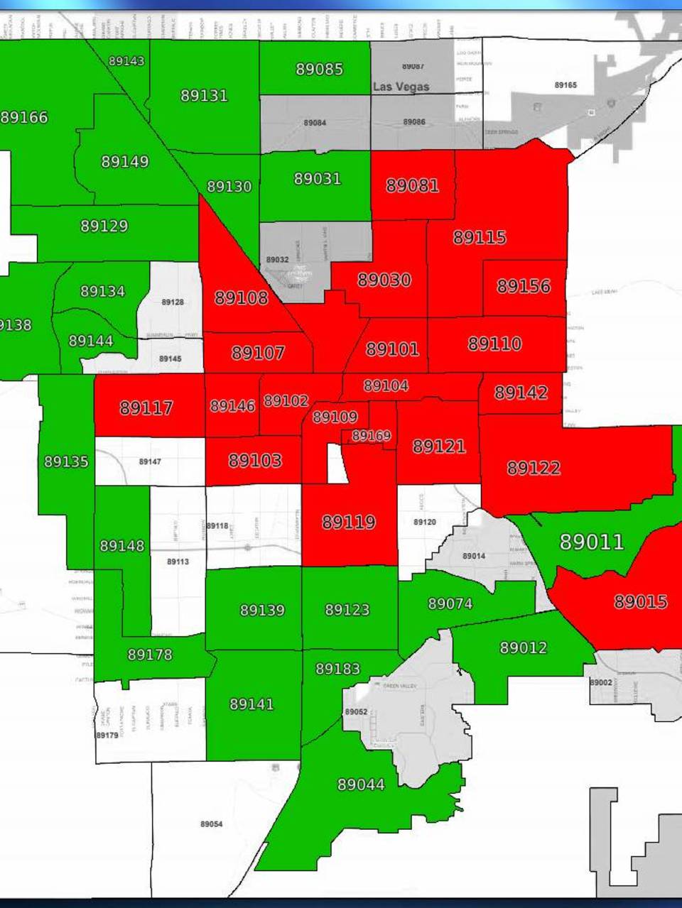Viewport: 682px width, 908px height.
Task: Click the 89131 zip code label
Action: coord(204,96)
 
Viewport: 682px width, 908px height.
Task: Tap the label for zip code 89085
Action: coord(319,70)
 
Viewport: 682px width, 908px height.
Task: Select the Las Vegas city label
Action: coord(401,87)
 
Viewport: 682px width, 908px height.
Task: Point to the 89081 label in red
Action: coord(412,186)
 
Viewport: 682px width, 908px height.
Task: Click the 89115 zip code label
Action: coord(480,237)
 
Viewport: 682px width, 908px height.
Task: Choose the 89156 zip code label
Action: coord(524,286)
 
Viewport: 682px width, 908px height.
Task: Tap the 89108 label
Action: coord(242,298)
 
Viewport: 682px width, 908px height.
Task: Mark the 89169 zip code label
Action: coord(371,436)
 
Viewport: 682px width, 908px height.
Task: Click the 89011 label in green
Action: coord(592,542)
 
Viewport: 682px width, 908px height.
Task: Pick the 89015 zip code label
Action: coord(640,602)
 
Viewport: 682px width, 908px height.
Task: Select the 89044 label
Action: coord(361,784)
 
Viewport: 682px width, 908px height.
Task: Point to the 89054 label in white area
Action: coord(211,824)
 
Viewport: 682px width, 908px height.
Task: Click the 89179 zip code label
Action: coord(107,735)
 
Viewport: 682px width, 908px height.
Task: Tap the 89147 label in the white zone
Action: coord(150,462)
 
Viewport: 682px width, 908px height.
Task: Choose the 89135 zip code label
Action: coord(66,462)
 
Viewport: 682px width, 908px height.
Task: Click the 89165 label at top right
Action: coord(565,85)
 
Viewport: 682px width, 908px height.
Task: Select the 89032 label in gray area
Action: coord(277,260)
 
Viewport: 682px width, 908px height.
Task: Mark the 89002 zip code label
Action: coord(600,682)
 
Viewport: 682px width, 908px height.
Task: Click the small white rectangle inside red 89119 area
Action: coord(337,463)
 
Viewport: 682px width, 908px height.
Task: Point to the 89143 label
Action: coord(126,61)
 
